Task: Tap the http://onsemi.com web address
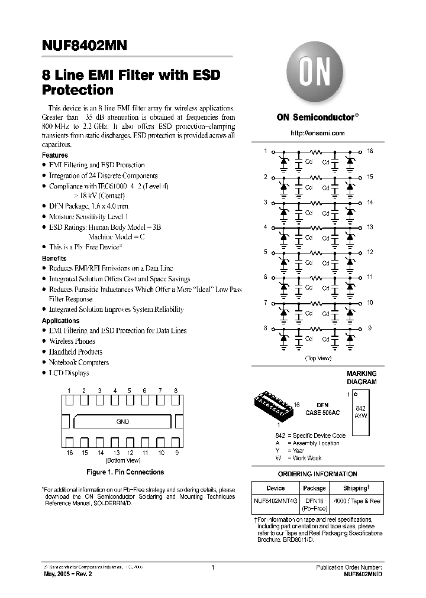(x=318, y=133)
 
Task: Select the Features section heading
(x=55, y=155)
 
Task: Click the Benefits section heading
(x=54, y=259)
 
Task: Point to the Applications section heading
(x=60, y=321)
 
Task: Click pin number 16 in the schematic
(x=370, y=151)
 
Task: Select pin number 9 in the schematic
(x=370, y=328)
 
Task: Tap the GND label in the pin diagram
(x=122, y=422)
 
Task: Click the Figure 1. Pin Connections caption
(x=125, y=472)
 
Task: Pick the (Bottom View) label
(x=122, y=460)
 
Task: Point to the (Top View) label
(x=318, y=358)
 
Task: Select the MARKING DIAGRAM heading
(x=361, y=378)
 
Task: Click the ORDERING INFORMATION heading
(x=318, y=474)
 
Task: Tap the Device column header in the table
(x=276, y=488)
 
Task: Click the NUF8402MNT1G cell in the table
(x=276, y=501)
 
